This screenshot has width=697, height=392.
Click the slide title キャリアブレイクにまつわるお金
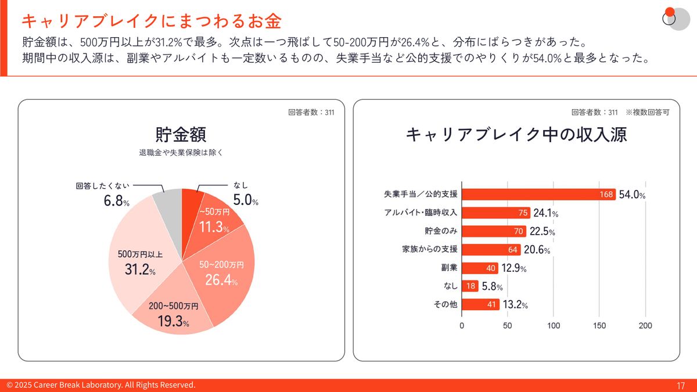tap(152, 21)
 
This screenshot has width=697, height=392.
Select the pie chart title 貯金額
tap(181, 135)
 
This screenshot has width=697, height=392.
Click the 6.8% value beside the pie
tap(113, 202)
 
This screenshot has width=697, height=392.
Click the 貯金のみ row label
tap(441, 231)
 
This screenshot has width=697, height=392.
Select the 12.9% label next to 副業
tap(514, 268)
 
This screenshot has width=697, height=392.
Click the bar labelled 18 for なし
tap(470, 286)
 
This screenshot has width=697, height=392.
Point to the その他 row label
tap(446, 304)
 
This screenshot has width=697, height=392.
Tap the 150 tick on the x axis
tap(599, 326)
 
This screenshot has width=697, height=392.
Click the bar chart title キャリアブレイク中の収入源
tap(516, 135)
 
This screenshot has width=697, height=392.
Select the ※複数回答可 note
tap(647, 112)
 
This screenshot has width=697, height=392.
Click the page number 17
tap(681, 386)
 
